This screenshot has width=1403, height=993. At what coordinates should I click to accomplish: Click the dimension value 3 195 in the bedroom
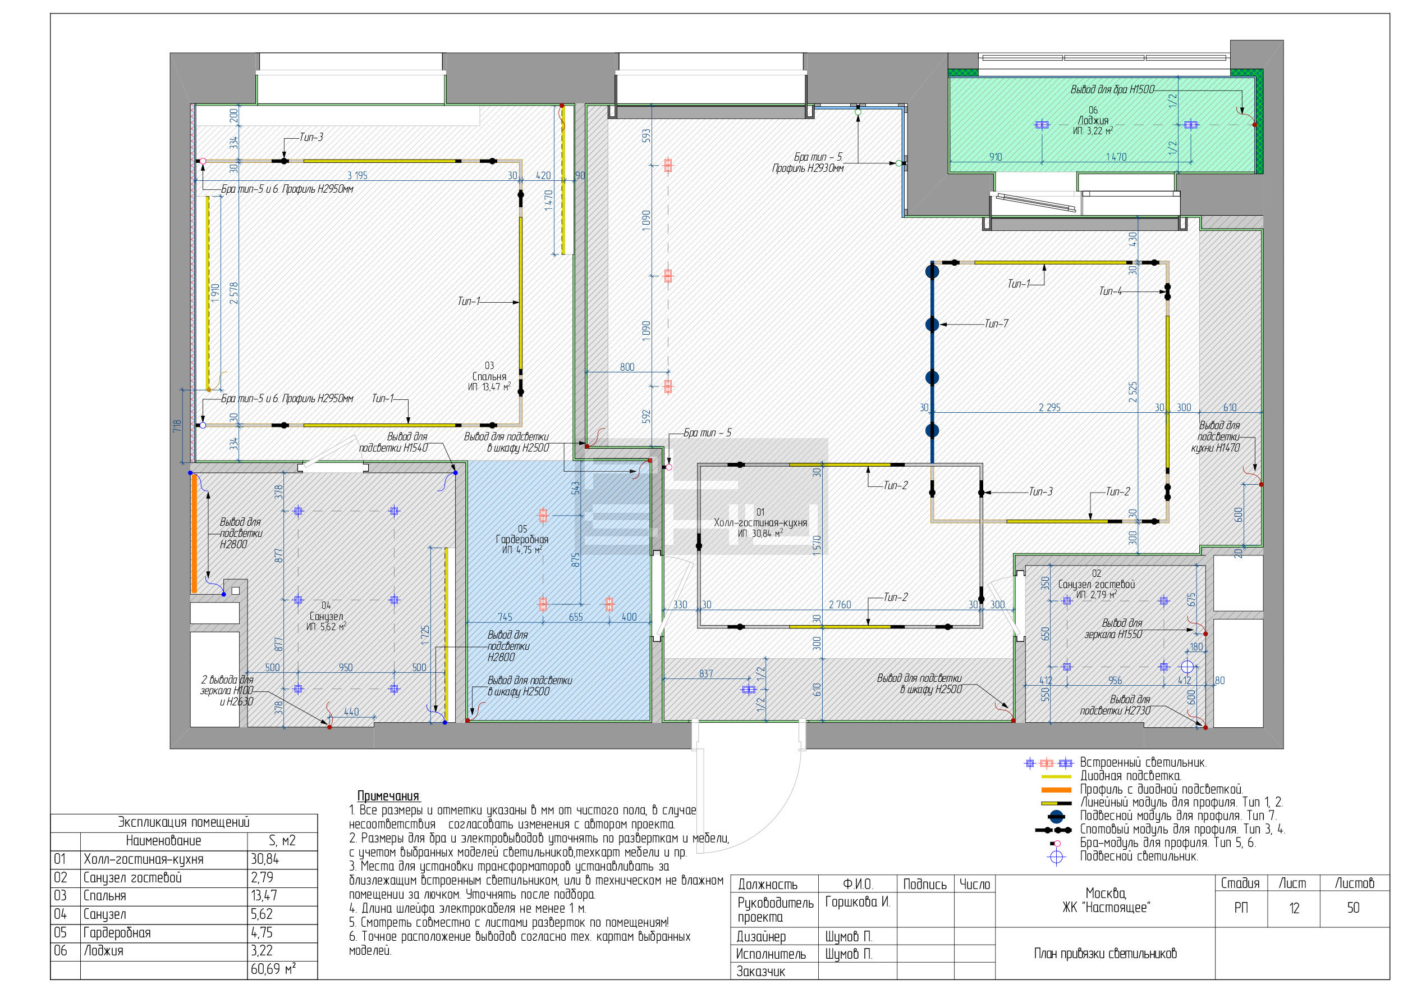357,175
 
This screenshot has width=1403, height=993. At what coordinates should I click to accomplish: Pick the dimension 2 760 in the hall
840,605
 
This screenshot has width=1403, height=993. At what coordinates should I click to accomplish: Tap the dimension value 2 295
1049,407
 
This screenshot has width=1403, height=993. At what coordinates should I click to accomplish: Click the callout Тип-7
996,324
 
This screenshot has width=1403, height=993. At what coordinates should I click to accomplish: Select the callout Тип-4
1110,291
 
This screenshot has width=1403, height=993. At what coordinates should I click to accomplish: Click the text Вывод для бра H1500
1112,89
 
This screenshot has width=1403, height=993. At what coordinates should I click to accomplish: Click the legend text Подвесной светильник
1139,856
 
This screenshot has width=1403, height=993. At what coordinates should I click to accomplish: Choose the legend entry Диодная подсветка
1130,776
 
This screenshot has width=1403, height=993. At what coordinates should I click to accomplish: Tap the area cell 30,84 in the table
264,859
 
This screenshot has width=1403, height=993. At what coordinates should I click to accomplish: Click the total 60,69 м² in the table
273,969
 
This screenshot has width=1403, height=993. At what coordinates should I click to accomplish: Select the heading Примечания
389,796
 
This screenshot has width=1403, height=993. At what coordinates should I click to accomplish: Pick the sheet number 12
1294,908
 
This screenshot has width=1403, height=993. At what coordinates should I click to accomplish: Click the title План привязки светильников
1105,953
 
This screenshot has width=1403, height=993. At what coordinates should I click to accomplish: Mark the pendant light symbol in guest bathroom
1187,667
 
